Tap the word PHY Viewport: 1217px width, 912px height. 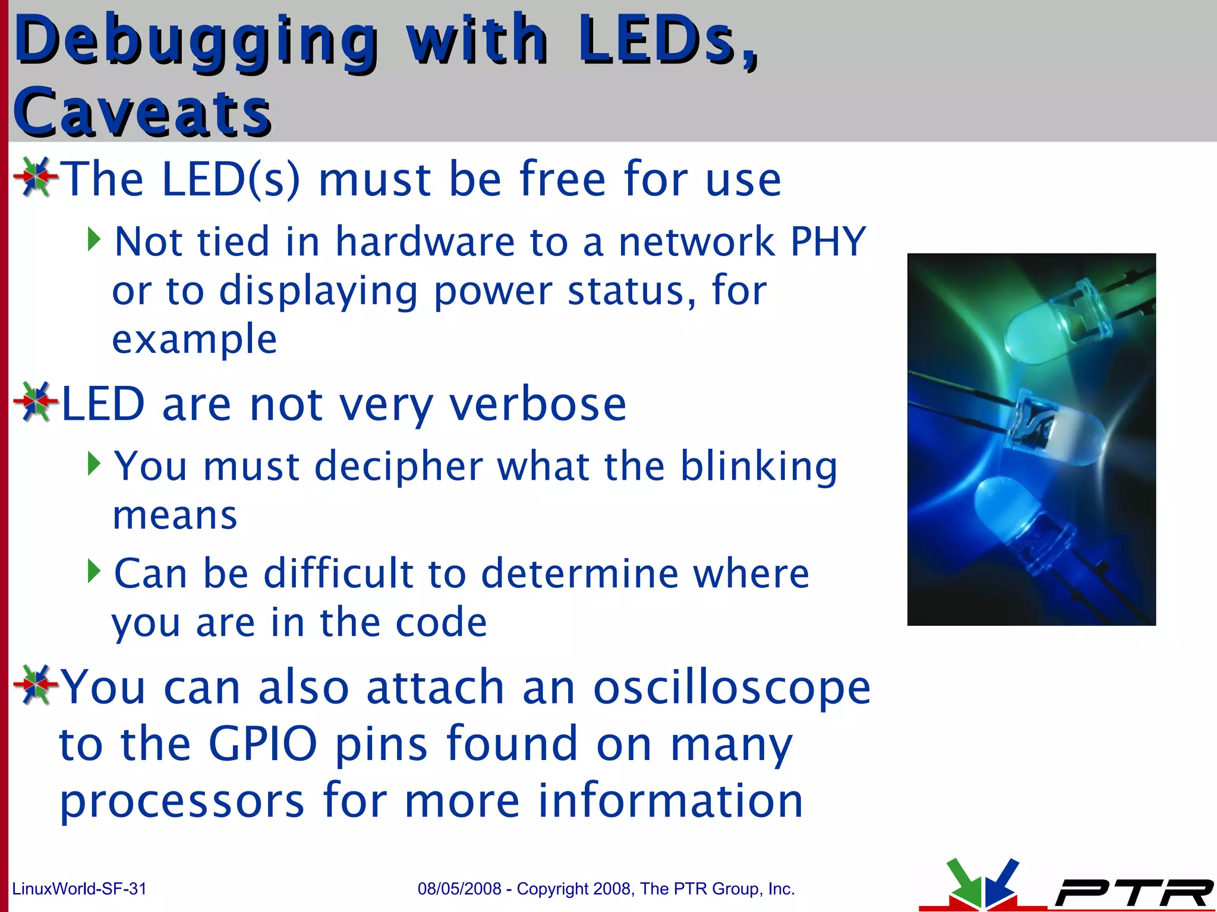[828, 242]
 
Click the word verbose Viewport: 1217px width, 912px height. [537, 404]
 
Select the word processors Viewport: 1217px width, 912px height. [182, 800]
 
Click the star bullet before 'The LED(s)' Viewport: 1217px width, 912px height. [36, 177]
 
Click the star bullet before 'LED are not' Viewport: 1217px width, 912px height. [36, 402]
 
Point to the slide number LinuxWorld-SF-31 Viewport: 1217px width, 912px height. [79, 889]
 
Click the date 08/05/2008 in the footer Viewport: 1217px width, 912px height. [459, 889]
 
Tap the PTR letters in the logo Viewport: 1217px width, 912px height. [1132, 892]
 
